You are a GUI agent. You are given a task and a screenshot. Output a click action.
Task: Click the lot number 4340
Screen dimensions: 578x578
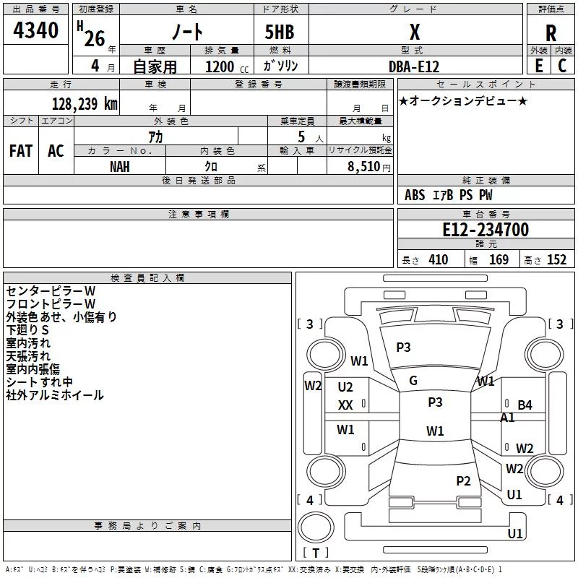[x=35, y=30]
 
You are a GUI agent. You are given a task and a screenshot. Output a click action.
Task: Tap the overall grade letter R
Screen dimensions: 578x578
[x=551, y=33]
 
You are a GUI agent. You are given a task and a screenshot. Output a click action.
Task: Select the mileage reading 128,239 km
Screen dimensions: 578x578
[x=85, y=104]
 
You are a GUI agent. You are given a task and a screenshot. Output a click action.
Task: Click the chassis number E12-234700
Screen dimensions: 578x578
[x=486, y=230]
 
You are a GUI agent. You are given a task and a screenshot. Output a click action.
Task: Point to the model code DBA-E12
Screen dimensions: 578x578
[x=414, y=66]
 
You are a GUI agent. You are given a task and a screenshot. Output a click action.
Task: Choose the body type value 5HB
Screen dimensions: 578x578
[x=280, y=32]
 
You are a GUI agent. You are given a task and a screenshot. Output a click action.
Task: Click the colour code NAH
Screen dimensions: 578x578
[x=120, y=167]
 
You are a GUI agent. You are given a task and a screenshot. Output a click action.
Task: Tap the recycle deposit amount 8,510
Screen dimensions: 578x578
[x=364, y=167]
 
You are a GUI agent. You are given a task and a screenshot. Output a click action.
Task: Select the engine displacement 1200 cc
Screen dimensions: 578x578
[x=227, y=66]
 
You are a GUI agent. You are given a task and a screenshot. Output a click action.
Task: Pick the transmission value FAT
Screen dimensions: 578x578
[x=21, y=151]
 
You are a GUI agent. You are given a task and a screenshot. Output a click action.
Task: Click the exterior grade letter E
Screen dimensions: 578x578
[x=539, y=66]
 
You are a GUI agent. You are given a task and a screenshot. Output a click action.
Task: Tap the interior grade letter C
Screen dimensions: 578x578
[x=562, y=66]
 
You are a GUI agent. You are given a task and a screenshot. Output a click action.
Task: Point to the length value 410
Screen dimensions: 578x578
[x=439, y=260]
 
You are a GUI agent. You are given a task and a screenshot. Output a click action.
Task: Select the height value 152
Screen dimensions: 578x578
[x=556, y=260]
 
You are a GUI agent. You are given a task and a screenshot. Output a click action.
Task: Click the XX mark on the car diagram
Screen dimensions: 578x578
[x=345, y=405]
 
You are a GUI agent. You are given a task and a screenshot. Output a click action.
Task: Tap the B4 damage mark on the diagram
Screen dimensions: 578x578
[x=525, y=405]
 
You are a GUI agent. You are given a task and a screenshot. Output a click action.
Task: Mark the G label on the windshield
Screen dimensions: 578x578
[x=413, y=381]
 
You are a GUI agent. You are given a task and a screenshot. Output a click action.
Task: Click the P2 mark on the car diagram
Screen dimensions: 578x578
[x=463, y=481]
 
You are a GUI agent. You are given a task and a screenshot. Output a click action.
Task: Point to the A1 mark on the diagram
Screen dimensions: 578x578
[x=507, y=418]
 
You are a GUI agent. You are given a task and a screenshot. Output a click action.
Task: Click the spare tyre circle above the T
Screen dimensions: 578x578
[x=316, y=527]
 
